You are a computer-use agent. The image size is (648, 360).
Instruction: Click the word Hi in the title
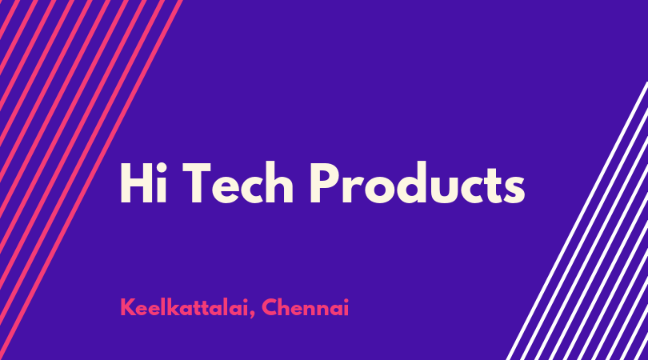click(143, 182)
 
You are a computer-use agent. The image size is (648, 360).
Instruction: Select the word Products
click(418, 182)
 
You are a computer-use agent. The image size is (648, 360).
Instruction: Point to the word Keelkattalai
click(185, 307)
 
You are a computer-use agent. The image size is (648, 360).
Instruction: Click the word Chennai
click(306, 307)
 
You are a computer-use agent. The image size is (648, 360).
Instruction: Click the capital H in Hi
click(135, 183)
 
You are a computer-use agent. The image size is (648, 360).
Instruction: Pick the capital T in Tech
click(198, 183)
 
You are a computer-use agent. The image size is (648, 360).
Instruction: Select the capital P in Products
click(325, 183)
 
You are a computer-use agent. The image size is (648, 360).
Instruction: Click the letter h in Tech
click(279, 182)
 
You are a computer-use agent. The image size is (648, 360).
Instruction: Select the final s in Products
click(514, 189)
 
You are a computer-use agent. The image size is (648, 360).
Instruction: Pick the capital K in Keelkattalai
click(127, 307)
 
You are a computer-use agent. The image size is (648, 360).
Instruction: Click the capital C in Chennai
click(269, 307)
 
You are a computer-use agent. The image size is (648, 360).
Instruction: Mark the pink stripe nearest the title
click(91, 180)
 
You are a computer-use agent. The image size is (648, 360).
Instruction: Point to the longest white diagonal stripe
click(577, 221)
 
